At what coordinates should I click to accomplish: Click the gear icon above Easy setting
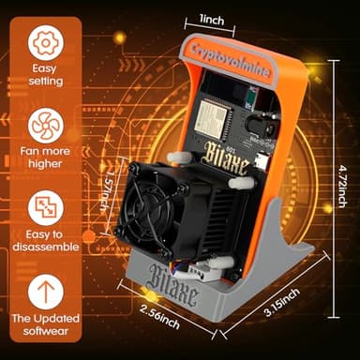(46, 42)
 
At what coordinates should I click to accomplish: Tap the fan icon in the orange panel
(46, 124)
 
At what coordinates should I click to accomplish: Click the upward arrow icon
(46, 292)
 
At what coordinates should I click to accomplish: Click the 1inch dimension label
(217, 19)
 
